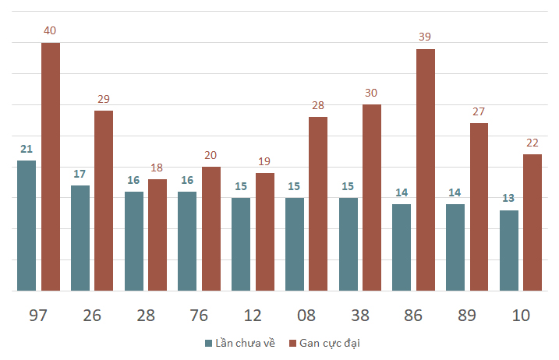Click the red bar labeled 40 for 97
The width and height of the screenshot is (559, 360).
click(51, 167)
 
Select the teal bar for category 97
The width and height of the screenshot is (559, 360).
click(27, 226)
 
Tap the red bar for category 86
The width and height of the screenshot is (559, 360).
click(426, 170)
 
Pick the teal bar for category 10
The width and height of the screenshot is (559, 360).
click(509, 251)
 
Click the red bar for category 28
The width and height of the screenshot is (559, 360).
click(157, 235)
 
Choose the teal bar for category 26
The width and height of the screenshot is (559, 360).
click(80, 238)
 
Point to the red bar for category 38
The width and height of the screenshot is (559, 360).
click(372, 197)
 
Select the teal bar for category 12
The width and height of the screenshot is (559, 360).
click(241, 244)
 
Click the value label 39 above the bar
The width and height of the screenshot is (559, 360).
click(425, 37)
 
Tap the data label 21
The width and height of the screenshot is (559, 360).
click(27, 149)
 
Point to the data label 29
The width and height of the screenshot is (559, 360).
click(104, 99)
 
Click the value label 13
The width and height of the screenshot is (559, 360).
click(508, 198)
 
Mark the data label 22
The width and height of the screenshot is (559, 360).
click(532, 143)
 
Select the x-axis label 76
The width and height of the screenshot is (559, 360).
click(199, 316)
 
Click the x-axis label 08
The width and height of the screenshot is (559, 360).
click(306, 316)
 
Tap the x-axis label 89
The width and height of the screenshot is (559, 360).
click(467, 316)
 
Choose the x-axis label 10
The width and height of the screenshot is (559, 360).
click(521, 316)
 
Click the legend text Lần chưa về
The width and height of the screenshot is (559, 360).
click(246, 343)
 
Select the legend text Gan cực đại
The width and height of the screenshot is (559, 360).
click(330, 344)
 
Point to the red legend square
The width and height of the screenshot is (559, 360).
click(292, 344)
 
